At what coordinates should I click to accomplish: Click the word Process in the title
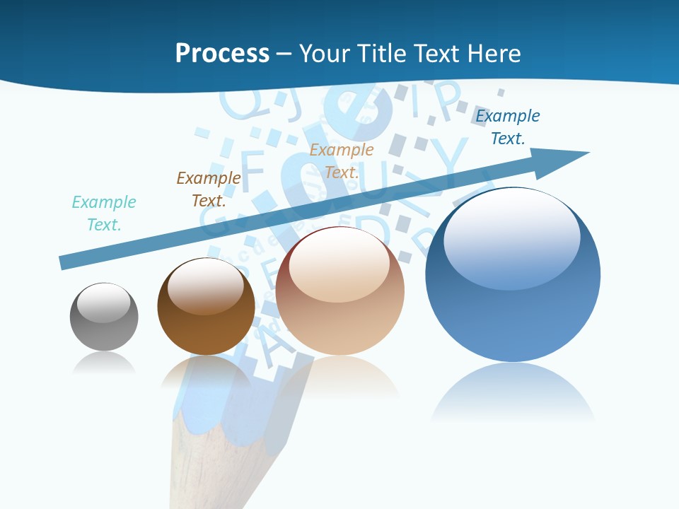pyautogui.click(x=222, y=53)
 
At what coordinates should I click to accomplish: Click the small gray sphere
pyautogui.click(x=104, y=317)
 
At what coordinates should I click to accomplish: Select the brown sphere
pyautogui.click(x=206, y=307)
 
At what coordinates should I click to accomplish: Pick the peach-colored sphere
pyautogui.click(x=340, y=291)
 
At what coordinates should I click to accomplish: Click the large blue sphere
pyautogui.click(x=513, y=274)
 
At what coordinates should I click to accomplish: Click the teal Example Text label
pyautogui.click(x=104, y=213)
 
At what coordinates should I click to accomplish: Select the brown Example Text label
pyautogui.click(x=209, y=189)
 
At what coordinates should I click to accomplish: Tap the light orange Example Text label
pyautogui.click(x=342, y=160)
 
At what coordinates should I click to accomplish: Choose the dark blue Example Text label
pyautogui.click(x=508, y=127)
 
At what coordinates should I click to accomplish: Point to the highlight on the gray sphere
pyautogui.click(x=104, y=302)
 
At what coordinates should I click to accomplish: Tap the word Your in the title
pyautogui.click(x=323, y=53)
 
